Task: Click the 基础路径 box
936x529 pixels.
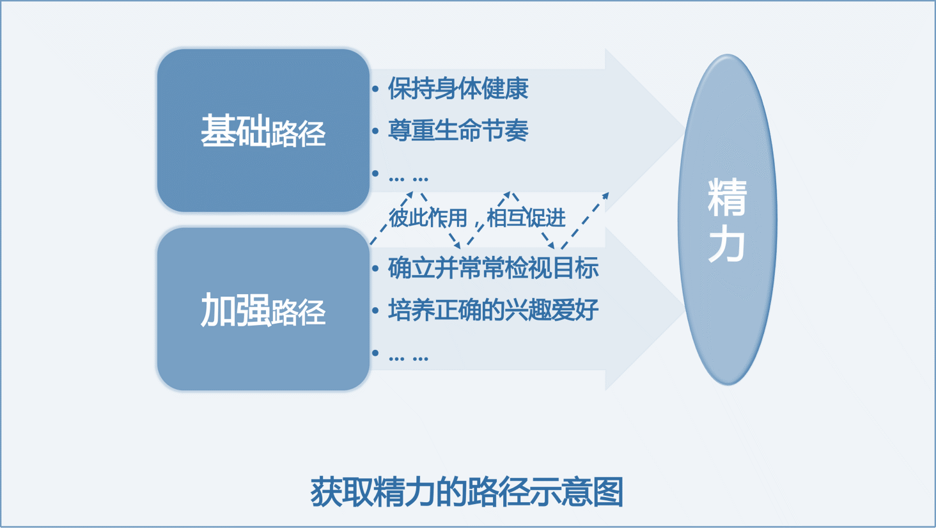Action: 263,130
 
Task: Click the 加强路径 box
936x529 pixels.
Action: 263,309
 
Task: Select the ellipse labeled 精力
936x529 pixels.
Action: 728,219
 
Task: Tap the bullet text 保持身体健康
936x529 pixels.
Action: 458,89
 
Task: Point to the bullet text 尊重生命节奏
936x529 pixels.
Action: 458,130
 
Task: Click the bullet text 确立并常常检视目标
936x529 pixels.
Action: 494,268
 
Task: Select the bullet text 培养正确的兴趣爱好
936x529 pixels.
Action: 494,310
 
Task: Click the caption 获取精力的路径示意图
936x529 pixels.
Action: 467,492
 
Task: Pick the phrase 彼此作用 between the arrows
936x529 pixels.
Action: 428,218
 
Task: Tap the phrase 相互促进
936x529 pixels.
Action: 526,218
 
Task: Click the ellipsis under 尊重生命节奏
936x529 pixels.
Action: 409,179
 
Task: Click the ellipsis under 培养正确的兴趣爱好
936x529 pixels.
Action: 409,358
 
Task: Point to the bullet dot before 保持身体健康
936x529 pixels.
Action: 375,89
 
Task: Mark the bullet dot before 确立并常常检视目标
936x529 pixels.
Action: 375,269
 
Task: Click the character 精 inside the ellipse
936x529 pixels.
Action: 727,197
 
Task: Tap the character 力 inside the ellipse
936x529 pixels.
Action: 727,243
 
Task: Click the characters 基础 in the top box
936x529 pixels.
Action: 235,130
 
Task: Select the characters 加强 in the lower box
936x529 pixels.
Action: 235,310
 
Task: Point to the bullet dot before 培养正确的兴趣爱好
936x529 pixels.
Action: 375,310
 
